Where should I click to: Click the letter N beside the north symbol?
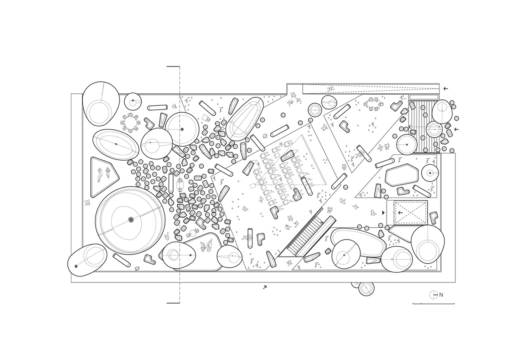coord(441,295)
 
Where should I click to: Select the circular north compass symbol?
coord(433,295)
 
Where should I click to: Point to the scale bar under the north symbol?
coord(433,303)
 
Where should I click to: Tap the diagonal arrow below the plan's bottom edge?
coord(265,287)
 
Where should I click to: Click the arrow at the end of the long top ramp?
coord(445,89)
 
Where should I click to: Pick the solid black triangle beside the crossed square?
coord(384,212)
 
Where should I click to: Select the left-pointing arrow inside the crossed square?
coord(400,212)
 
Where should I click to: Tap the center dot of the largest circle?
coord(131,219)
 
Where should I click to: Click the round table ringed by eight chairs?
coord(130,123)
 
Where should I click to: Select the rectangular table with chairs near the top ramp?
coord(373,104)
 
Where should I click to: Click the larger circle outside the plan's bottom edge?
coord(366,288)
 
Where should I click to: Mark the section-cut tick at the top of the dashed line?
coord(173,67)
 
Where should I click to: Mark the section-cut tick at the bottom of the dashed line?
coord(173,303)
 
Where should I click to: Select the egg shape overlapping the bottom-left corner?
coord(86,260)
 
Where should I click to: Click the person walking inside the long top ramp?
coord(332,89)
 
